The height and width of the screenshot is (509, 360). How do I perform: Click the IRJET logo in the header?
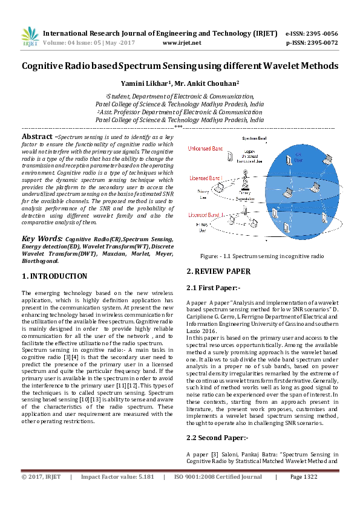pyautogui.click(x=30, y=36)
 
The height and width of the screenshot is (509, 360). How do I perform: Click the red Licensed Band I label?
pyautogui.click(x=206, y=178)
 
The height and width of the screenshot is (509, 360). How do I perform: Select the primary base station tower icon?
pyautogui.click(x=246, y=178)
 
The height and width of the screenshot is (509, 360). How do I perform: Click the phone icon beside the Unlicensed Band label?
pyautogui.click(x=230, y=156)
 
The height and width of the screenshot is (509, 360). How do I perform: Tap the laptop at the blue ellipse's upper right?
pyautogui.click(x=327, y=160)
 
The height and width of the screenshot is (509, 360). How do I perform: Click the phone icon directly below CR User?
pyautogui.click(x=289, y=160)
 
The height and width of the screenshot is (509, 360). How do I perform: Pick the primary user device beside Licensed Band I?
pyautogui.click(x=222, y=189)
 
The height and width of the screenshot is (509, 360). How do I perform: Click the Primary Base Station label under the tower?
pyautogui.click(x=245, y=196)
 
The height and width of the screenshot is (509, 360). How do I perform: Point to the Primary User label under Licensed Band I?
pyautogui.click(x=204, y=194)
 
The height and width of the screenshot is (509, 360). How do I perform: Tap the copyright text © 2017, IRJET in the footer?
pyautogui.click(x=41, y=476)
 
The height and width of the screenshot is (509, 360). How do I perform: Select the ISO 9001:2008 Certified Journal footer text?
pyautogui.click(x=218, y=476)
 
